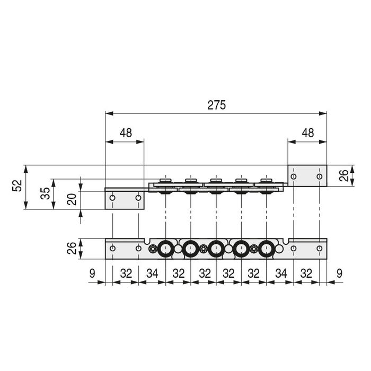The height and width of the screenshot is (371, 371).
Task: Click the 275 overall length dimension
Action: coord(216,105)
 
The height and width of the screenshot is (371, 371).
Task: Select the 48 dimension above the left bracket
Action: coord(125,133)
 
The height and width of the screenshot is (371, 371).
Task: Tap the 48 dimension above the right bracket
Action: coord(307,133)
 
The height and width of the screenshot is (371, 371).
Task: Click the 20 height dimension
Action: coord(73,199)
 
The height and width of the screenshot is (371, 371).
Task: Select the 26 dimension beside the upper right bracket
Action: coord(343,175)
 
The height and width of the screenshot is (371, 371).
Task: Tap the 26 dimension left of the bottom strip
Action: coord(73,249)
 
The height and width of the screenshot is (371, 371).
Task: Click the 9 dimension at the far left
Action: coord(92,274)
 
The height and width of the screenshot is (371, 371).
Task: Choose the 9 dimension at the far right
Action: coord(340,274)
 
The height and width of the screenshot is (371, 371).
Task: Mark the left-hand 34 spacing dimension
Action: coord(152,274)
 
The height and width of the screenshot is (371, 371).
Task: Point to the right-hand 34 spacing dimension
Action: coord(280,274)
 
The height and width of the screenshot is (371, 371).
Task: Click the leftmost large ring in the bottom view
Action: coord(165,249)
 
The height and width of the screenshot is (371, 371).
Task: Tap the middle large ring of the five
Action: coord(216,249)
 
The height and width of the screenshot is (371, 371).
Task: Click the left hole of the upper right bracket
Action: coord(294,176)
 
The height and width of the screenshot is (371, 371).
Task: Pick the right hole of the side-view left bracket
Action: coord(138,198)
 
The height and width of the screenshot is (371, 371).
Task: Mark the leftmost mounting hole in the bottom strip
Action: coord(112,249)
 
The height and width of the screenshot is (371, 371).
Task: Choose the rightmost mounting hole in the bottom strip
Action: coord(319,249)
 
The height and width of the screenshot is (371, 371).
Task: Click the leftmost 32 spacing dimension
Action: coord(126,274)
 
